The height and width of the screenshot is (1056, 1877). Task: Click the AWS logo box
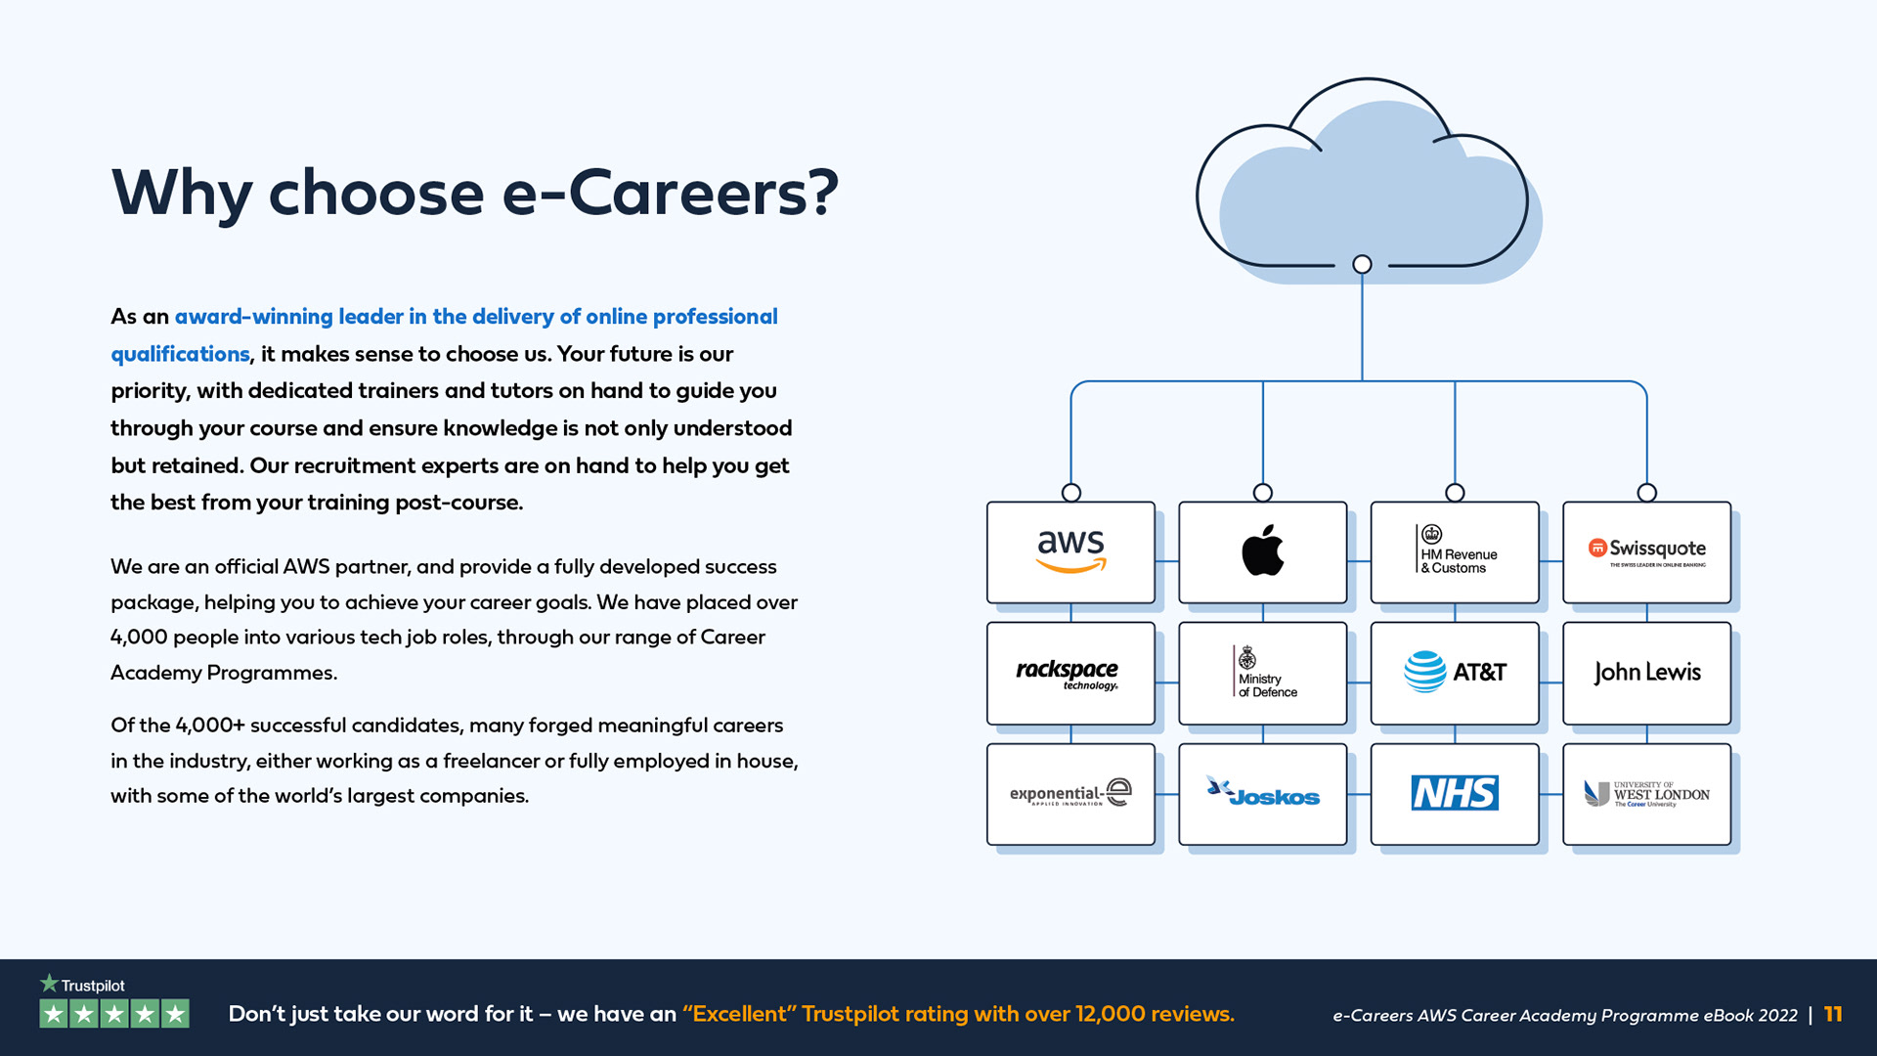click(1070, 552)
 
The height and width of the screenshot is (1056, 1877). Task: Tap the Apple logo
click(1262, 550)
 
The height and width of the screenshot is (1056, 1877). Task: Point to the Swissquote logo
click(1647, 550)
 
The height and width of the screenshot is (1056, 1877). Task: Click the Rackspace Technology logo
click(1068, 673)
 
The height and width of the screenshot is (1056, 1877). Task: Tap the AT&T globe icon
click(1424, 672)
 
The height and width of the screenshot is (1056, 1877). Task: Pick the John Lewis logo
click(1647, 672)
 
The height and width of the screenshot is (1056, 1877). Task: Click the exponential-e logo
click(1070, 793)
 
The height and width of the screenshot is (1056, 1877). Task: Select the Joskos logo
click(1263, 793)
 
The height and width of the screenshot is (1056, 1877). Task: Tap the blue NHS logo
click(1455, 793)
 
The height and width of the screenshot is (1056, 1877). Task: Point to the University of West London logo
click(1647, 793)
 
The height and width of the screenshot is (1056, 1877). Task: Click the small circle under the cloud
click(1362, 264)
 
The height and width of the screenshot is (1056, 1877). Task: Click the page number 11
click(1833, 1014)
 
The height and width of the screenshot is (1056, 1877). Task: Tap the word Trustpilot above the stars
click(93, 986)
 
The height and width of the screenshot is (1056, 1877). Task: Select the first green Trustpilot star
click(54, 1014)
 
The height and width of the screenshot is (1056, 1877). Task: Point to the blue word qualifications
click(180, 354)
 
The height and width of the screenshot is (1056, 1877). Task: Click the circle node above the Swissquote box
click(1647, 493)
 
